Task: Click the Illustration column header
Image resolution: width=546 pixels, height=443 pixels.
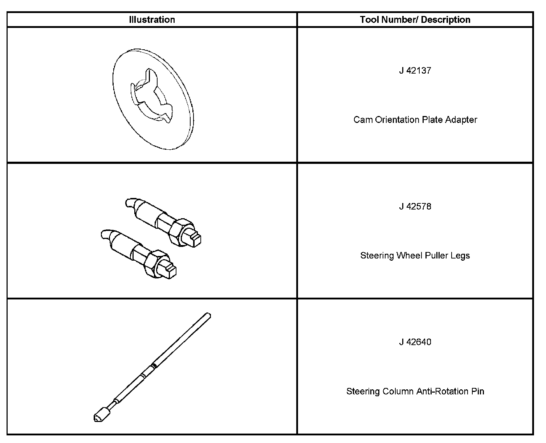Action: [x=152, y=20]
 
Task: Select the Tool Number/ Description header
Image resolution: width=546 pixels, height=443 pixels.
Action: [x=415, y=20]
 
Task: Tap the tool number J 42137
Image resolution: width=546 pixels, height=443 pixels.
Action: [x=415, y=70]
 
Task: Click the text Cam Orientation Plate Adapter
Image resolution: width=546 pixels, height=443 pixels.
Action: [x=415, y=120]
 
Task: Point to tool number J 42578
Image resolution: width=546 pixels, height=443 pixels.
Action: [x=415, y=206]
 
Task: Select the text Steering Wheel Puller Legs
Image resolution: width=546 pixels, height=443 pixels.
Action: [x=415, y=256]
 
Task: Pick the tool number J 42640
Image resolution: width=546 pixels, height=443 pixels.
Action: [x=415, y=342]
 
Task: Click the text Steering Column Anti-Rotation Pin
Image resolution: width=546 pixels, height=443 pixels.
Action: [x=415, y=392]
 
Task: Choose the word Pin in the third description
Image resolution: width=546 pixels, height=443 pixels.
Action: [x=478, y=392]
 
